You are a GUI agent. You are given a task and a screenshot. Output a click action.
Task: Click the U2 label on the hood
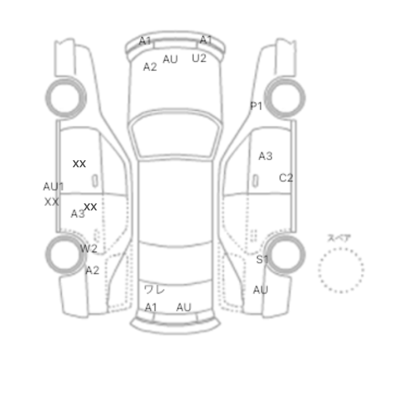(199, 58)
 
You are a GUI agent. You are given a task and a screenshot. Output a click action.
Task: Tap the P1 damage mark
(256, 106)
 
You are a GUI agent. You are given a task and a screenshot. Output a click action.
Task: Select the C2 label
(286, 178)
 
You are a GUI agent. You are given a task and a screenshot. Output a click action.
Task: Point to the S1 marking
(262, 259)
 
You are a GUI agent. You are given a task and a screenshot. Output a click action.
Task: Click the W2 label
(89, 249)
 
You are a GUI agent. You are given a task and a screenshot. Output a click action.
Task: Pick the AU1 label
(54, 187)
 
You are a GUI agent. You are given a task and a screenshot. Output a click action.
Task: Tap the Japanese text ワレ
(154, 290)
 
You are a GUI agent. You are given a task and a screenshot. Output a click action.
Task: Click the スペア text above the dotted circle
(339, 238)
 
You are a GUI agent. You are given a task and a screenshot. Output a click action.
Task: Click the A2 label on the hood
(150, 67)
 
